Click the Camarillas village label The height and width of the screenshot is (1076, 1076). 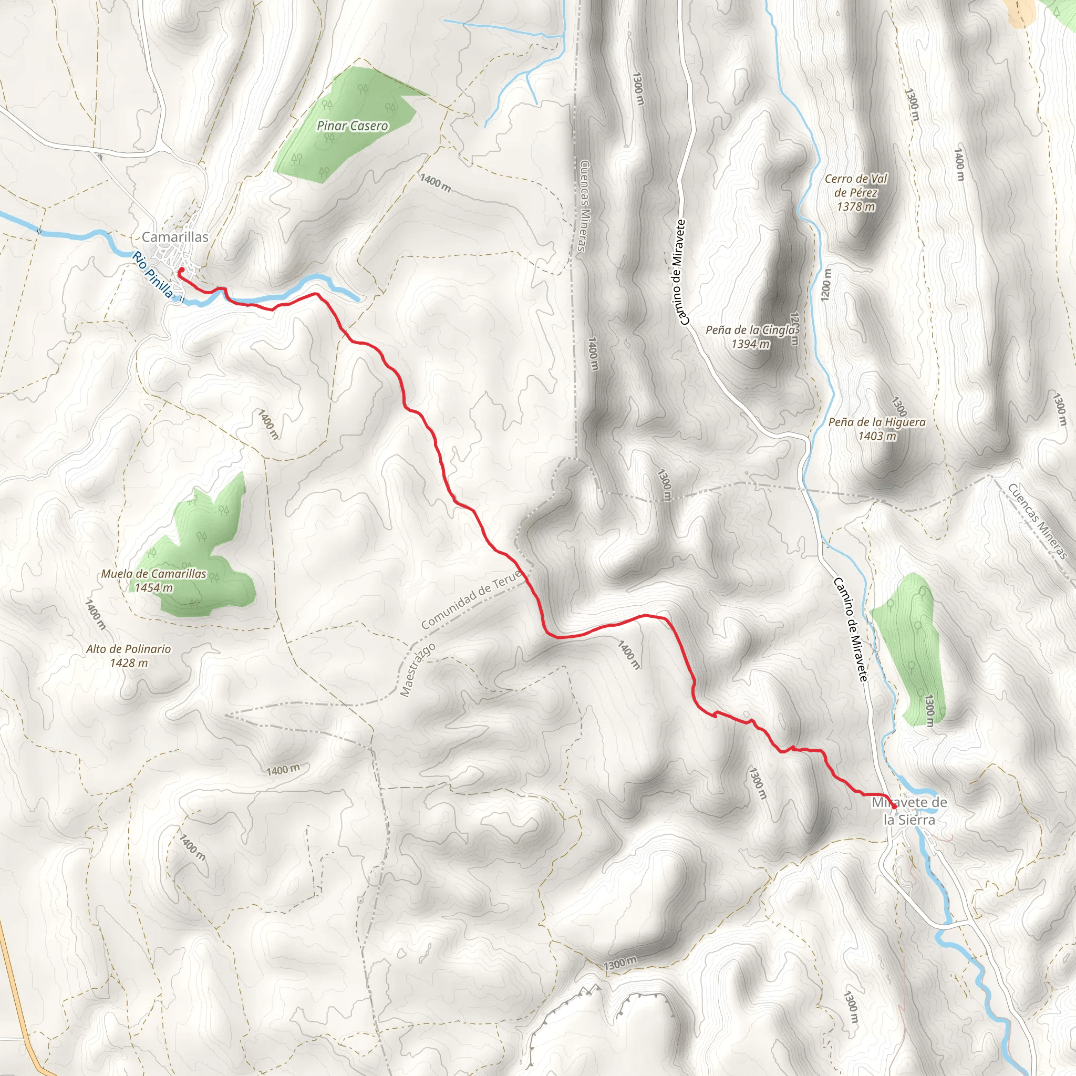pyautogui.click(x=175, y=237)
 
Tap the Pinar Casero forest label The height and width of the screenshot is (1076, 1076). pyautogui.click(x=352, y=126)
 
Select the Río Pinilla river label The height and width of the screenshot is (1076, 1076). pyautogui.click(x=152, y=275)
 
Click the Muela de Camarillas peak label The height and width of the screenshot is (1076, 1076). pyautogui.click(x=154, y=574)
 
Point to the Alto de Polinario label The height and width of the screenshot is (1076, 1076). pyautogui.click(x=129, y=649)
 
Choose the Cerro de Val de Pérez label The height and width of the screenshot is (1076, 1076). pyautogui.click(x=856, y=185)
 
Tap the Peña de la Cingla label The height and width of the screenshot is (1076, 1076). pyautogui.click(x=751, y=330)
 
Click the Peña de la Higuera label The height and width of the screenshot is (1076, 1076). pyautogui.click(x=877, y=422)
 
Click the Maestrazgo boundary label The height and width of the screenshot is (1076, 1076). pyautogui.click(x=418, y=670)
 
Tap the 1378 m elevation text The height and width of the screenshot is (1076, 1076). pyautogui.click(x=856, y=206)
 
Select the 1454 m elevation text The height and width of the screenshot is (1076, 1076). pyautogui.click(x=154, y=587)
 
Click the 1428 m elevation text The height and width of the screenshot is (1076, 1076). pyautogui.click(x=129, y=663)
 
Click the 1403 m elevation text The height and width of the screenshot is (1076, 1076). pyautogui.click(x=877, y=436)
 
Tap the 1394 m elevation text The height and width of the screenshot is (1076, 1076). pyautogui.click(x=751, y=344)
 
